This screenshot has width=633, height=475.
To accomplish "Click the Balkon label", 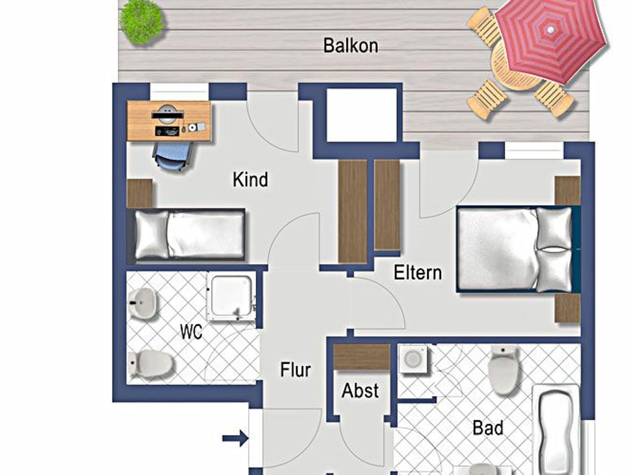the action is tap(351, 46).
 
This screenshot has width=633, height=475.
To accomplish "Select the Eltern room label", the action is tap(418, 273).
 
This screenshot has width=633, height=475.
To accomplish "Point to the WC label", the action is tap(191, 332).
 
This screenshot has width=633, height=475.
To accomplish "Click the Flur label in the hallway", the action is tap(295, 370).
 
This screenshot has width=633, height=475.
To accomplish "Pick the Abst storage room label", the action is tap(360, 391).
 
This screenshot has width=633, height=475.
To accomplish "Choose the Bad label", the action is tap(488, 428).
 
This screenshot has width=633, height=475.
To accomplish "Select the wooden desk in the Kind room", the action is tap(169, 121).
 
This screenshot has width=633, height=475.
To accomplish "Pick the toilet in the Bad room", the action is tap(503, 369).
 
